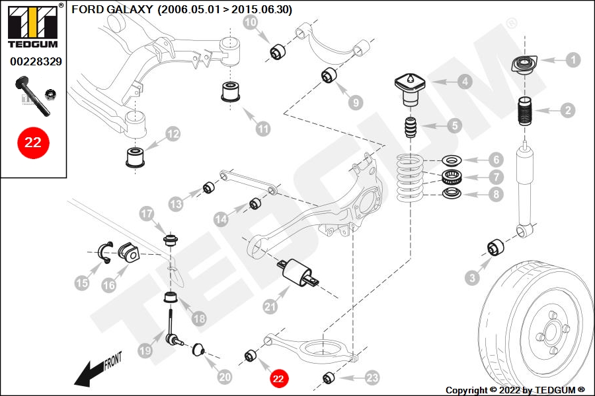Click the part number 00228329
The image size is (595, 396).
(x=36, y=61)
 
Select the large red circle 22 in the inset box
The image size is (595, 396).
(x=33, y=143)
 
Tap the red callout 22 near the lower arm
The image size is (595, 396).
(x=278, y=379)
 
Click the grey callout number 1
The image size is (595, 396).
(x=573, y=60)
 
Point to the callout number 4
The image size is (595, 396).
(x=465, y=81)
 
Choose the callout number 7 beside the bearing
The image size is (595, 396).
(x=496, y=177)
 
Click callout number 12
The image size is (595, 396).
(x=173, y=134)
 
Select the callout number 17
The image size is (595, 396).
(x=147, y=214)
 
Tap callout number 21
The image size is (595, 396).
(x=270, y=306)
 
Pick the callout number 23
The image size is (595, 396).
(x=372, y=378)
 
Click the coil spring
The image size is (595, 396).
(x=410, y=178)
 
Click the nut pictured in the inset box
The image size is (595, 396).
(x=50, y=94)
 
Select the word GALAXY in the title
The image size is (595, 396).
(x=130, y=9)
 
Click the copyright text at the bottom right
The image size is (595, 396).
(x=515, y=390)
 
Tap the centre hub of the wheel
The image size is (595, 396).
(x=550, y=333)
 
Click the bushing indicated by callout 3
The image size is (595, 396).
(x=496, y=247)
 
